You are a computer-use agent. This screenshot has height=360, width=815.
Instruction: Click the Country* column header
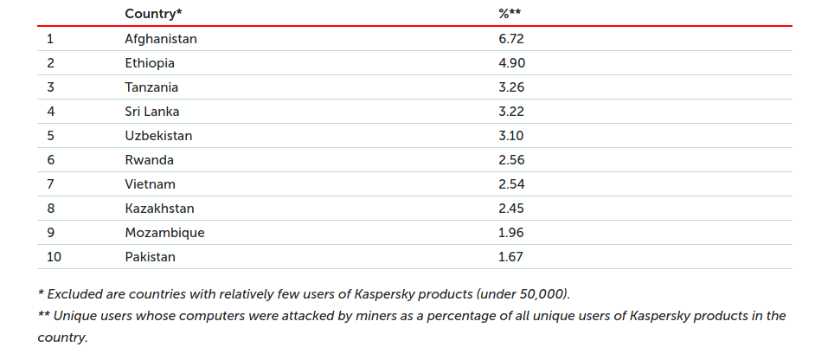153,14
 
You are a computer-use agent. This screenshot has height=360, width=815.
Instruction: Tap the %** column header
510,14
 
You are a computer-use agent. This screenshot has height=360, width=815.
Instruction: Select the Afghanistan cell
161,39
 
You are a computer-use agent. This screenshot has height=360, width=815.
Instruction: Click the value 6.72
511,39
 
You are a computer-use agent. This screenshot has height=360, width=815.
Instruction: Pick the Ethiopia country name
150,63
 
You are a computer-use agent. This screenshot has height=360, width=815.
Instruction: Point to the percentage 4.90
512,63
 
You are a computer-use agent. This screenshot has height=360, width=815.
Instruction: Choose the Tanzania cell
151,87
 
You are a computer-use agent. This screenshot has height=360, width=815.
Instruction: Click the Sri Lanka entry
151,112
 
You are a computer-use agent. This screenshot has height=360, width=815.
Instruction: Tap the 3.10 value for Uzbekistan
511,136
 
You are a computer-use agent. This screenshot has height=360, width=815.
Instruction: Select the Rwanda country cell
149,160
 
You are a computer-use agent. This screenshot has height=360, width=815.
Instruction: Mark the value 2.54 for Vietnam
511,184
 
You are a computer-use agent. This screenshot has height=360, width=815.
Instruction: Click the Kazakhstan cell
159,209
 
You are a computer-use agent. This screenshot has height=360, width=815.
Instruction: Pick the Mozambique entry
164,233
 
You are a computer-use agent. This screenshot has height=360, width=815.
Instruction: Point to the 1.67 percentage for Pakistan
511,257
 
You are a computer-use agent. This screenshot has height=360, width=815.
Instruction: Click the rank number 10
54,257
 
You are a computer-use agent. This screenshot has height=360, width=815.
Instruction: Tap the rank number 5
50,136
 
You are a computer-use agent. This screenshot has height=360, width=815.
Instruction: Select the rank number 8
50,209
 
